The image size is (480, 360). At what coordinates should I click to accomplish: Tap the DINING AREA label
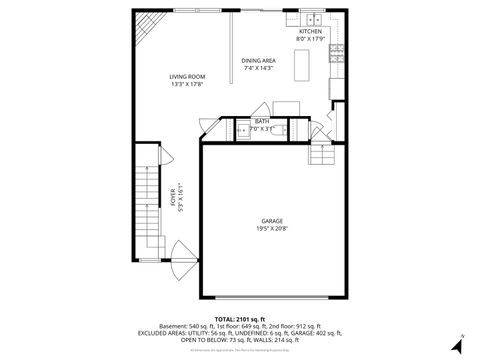(x=258, y=61)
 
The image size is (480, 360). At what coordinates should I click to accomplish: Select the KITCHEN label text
(x=310, y=32)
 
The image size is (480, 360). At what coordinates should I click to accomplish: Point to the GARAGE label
(x=271, y=221)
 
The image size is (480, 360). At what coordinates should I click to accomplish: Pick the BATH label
(x=260, y=122)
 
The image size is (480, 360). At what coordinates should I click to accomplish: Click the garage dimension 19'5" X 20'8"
(x=271, y=229)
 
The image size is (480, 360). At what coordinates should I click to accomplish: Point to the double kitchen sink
(x=313, y=19)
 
